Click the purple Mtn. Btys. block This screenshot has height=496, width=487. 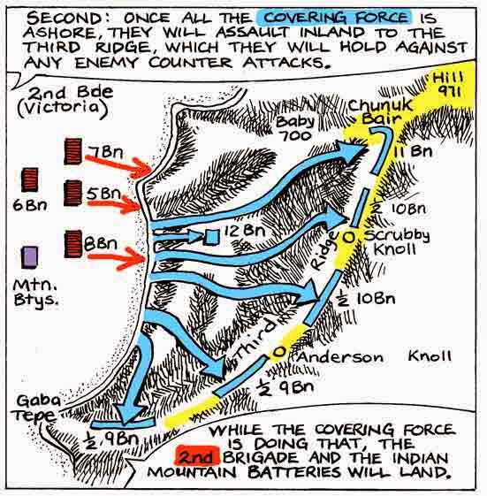(29, 257)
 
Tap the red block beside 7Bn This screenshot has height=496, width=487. (73, 151)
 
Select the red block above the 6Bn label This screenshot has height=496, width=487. (30, 179)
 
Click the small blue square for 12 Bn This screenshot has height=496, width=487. (211, 237)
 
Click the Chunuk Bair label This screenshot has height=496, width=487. (380, 112)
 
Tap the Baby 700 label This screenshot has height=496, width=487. (296, 129)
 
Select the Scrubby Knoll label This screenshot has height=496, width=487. (397, 241)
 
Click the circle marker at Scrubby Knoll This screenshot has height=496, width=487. (349, 237)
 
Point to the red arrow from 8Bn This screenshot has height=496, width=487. (117, 258)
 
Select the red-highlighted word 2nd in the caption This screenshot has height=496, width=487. (198, 458)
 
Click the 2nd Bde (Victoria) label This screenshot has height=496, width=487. (65, 100)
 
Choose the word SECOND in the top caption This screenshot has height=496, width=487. (65, 18)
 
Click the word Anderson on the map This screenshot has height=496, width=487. (340, 357)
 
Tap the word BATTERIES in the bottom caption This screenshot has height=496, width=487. (295, 473)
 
